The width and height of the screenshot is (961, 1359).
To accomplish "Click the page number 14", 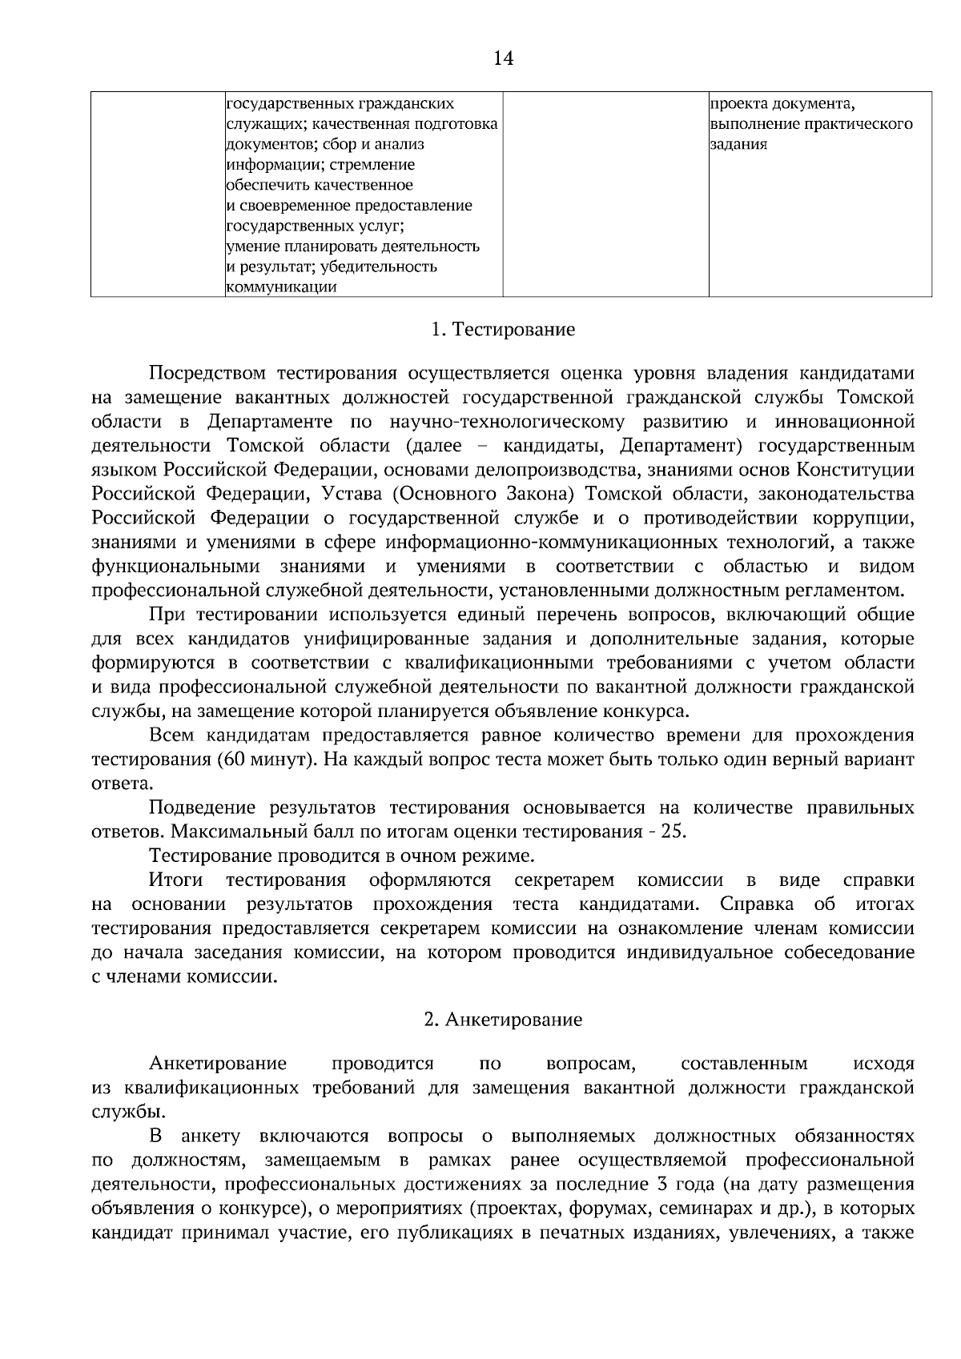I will (x=503, y=58).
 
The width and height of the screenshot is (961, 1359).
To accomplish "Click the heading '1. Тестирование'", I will (x=503, y=330).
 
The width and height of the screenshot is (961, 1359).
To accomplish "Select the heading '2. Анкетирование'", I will (x=503, y=1020).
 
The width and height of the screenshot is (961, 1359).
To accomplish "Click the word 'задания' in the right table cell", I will (x=739, y=145).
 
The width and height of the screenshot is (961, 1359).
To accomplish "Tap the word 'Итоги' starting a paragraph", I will (x=175, y=880).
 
